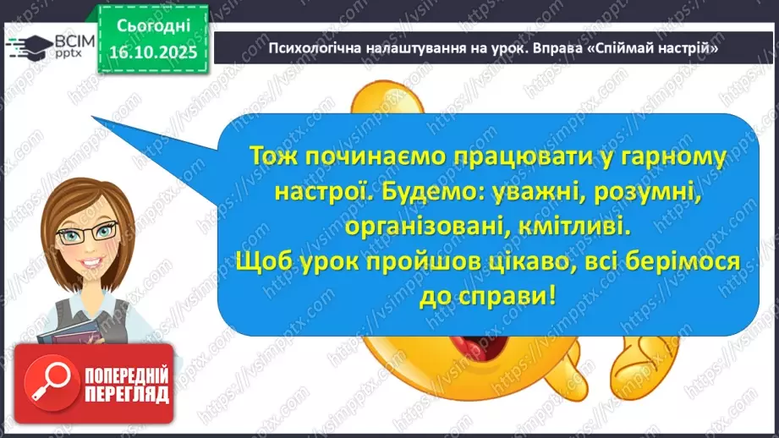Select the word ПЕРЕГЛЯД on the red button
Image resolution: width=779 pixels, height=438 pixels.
126,395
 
